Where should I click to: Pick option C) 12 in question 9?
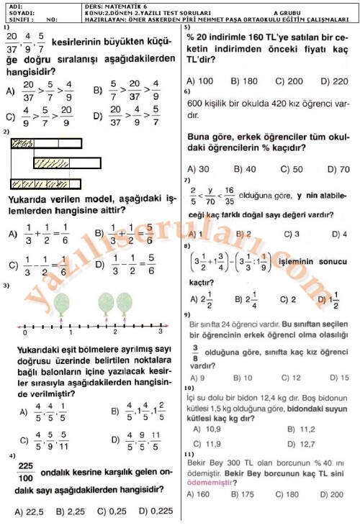291,377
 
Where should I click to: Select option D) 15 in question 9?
339,377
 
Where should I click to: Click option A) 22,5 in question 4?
28,511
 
